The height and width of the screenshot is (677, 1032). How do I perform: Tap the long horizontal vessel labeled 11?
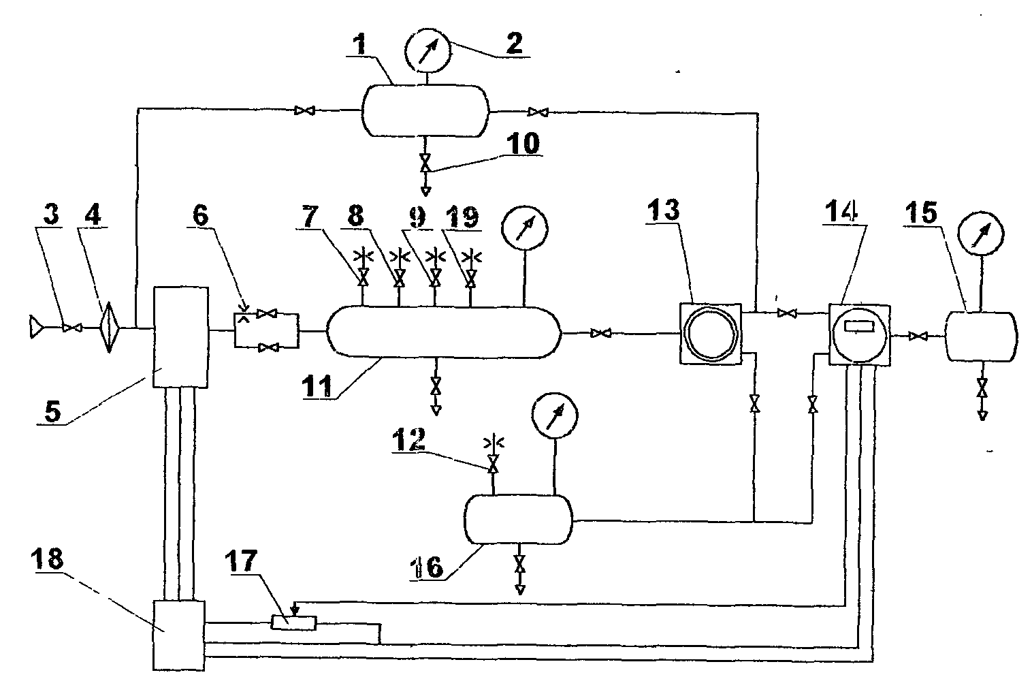tap(443, 331)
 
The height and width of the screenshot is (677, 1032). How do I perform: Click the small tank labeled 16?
tap(517, 519)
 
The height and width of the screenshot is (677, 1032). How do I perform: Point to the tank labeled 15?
tap(981, 335)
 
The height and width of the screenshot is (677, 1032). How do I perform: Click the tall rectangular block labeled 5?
tap(181, 336)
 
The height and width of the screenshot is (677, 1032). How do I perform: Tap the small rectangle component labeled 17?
tap(293, 622)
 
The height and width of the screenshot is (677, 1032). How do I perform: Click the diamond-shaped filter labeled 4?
tap(110, 328)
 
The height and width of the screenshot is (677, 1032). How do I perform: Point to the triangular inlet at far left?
tap(36, 328)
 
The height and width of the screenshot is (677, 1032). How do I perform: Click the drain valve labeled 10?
tap(425, 164)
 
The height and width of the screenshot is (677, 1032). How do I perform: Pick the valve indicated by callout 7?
tap(363, 279)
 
